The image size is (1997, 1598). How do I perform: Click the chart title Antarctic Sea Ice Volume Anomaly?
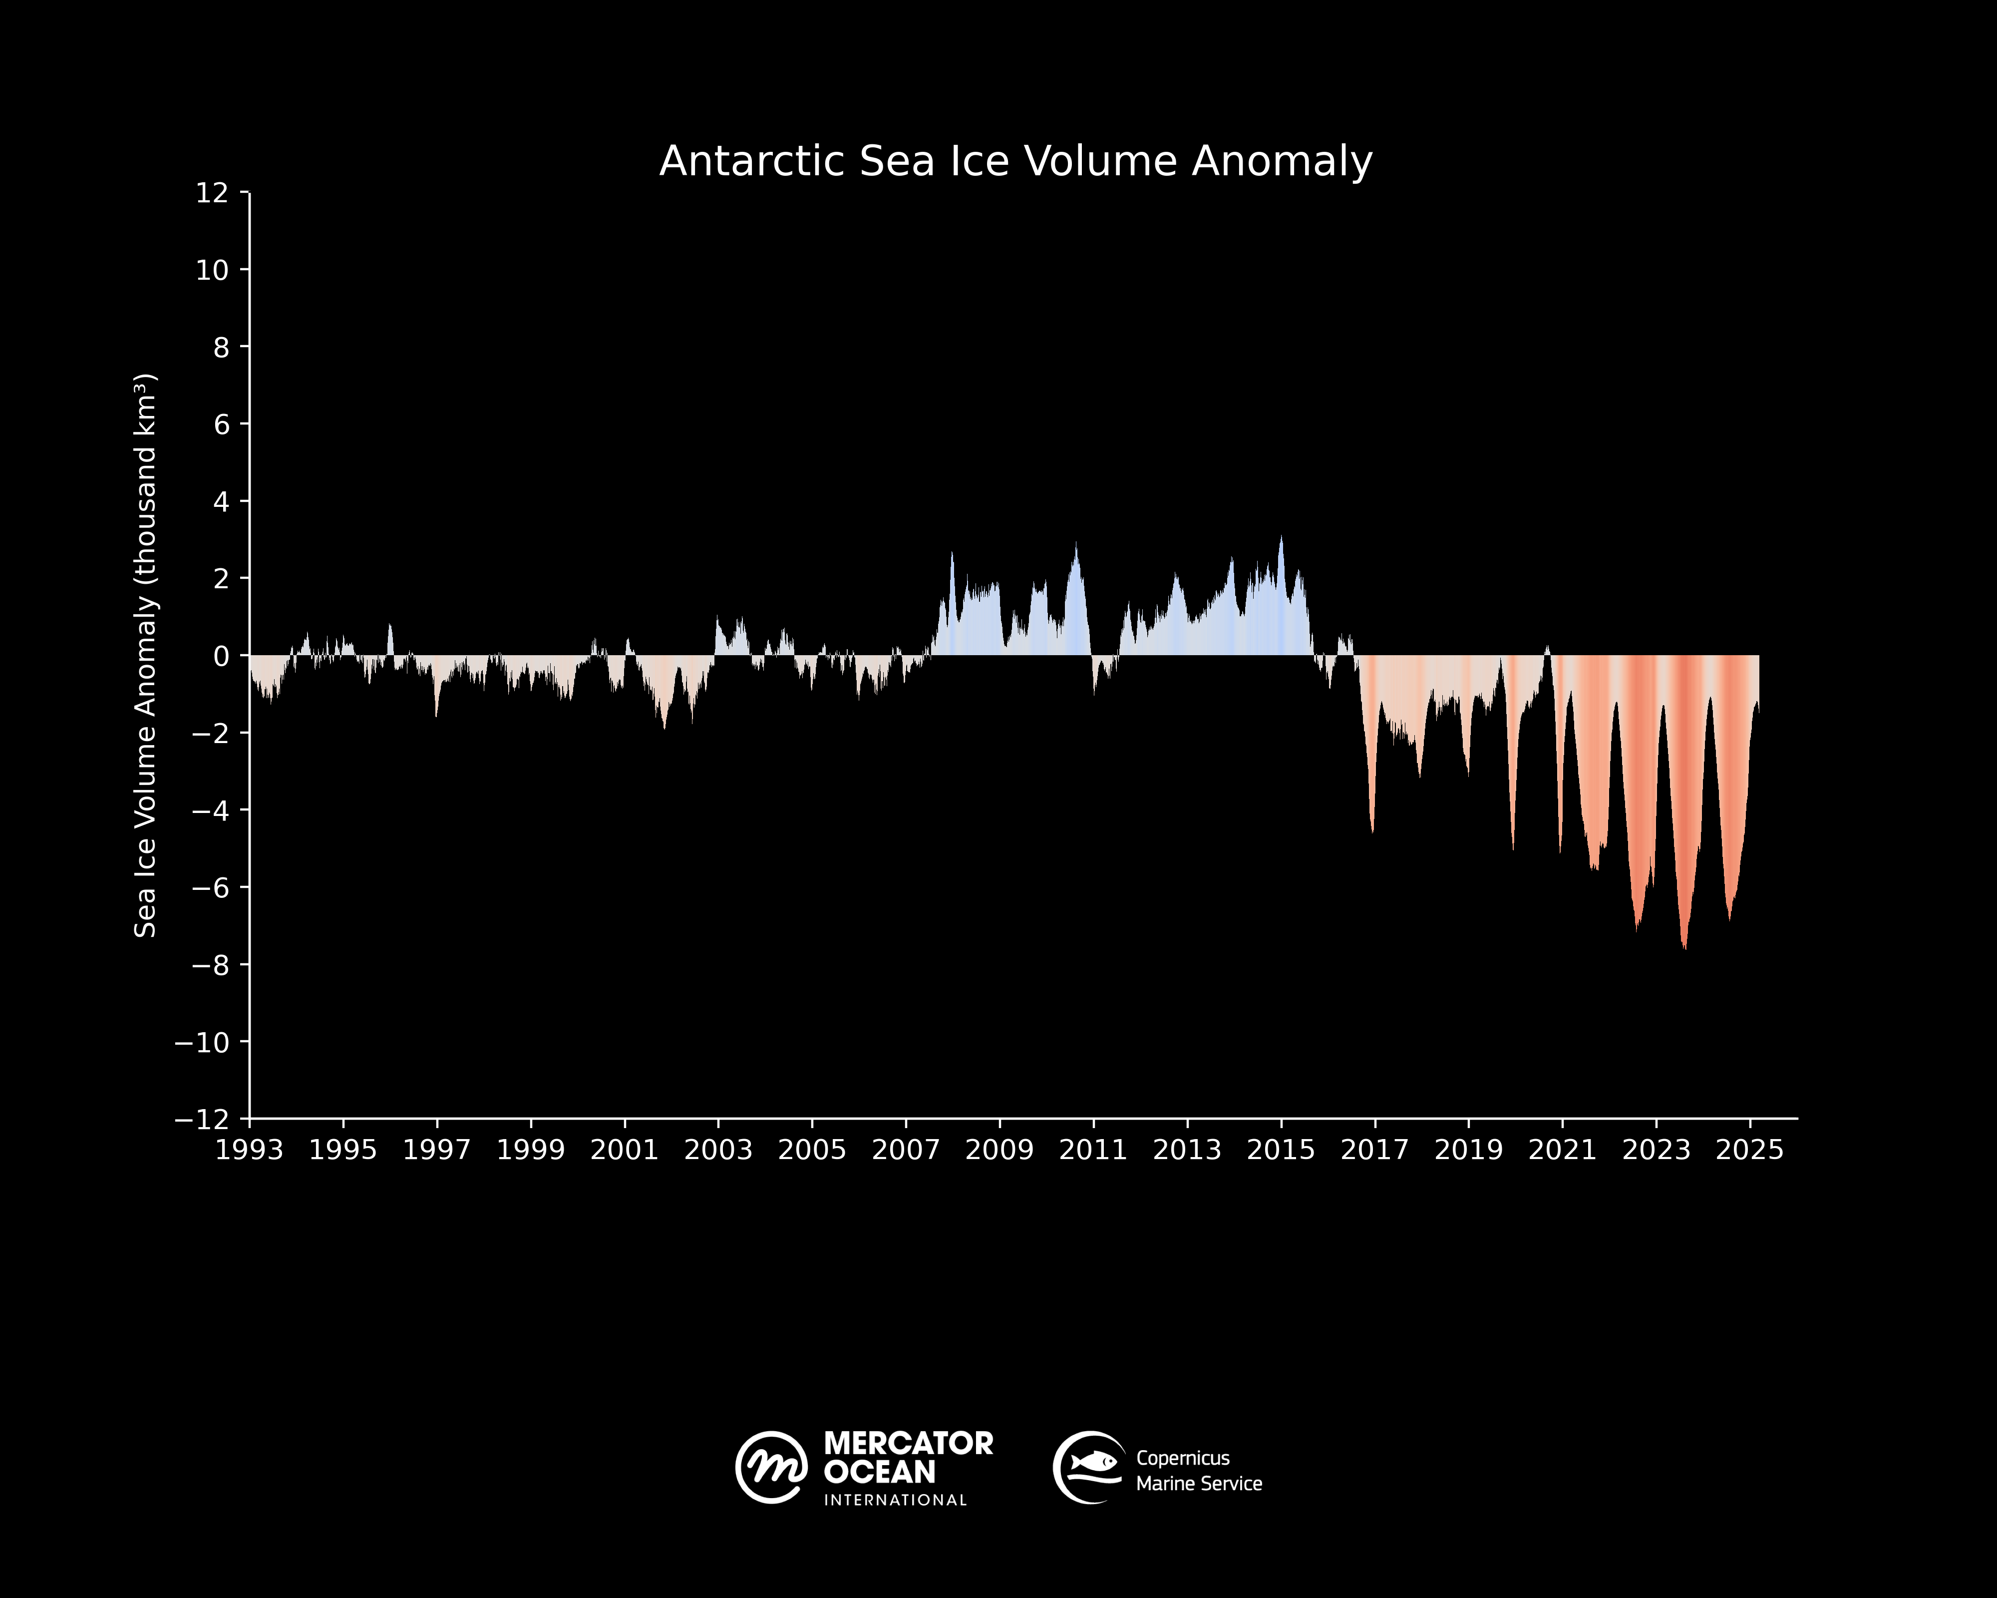point(1015,161)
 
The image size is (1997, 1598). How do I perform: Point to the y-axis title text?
point(145,655)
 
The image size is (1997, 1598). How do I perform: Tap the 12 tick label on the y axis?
point(212,193)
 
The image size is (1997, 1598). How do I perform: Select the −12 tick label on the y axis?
point(202,1119)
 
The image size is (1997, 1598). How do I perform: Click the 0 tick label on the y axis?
point(221,656)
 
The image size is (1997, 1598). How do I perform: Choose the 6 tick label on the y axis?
point(221,424)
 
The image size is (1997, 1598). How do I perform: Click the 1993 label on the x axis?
point(249,1150)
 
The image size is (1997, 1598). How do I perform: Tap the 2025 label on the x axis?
point(1749,1150)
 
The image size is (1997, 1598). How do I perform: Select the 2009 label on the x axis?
point(999,1150)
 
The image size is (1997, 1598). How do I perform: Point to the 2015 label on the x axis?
point(1281,1150)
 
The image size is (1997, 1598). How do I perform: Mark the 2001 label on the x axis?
point(624,1150)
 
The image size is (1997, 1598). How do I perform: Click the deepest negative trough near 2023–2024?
point(1684,945)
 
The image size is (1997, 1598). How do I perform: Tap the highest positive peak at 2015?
point(1281,539)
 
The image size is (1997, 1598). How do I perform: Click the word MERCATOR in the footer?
point(908,1443)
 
